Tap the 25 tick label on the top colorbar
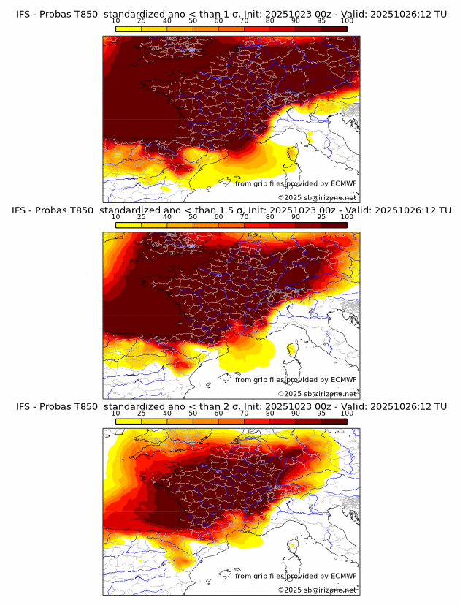141,20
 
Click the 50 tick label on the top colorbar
192,20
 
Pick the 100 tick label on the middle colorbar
346,217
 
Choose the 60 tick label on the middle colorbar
218,217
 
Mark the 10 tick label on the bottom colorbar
115,414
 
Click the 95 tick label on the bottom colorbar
321,414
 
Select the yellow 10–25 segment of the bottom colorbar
129,421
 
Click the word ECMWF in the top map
343,183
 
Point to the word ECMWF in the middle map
343,380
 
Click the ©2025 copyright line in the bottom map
317,590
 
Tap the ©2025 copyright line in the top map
317,197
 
